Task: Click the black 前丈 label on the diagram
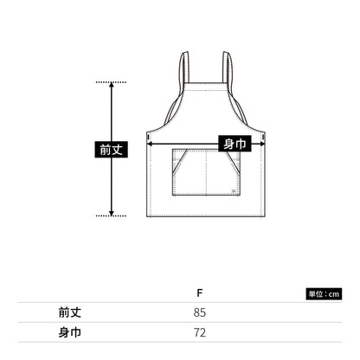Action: (x=111, y=150)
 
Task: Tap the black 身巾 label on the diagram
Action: (x=235, y=144)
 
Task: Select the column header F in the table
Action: (x=200, y=293)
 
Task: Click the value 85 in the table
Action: (x=200, y=312)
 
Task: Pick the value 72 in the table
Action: (x=200, y=332)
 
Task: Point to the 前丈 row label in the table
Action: (x=70, y=312)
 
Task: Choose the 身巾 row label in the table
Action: (x=70, y=332)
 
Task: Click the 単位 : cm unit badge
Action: (x=324, y=294)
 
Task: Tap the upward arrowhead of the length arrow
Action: (x=112, y=85)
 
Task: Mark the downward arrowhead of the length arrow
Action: (x=112, y=214)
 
